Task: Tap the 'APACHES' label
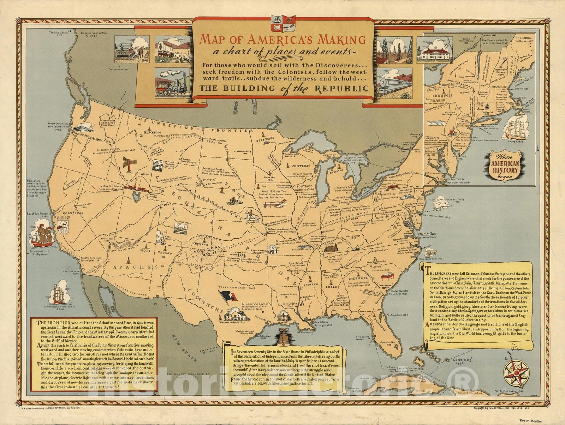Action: [x=130, y=267]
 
